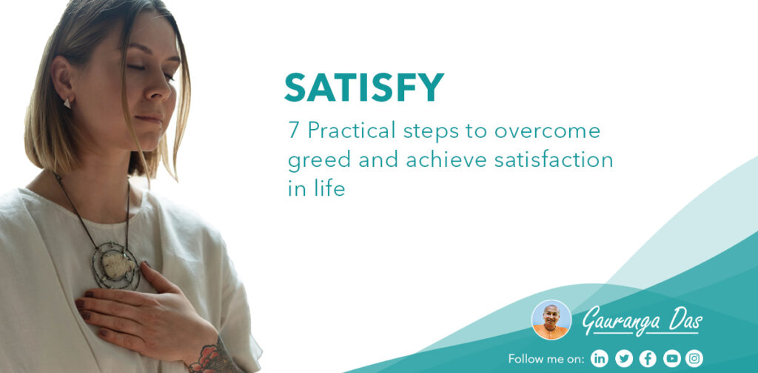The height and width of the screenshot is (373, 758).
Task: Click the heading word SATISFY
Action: click(363, 88)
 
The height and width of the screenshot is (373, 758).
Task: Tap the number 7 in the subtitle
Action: click(293, 131)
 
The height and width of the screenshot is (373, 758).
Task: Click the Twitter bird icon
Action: click(623, 358)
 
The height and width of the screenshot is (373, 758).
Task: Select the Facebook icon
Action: click(647, 358)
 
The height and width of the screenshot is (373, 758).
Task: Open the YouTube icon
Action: click(671, 358)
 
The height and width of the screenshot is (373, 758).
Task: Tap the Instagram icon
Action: click(694, 358)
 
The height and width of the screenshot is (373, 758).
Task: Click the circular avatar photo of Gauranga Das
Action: click(551, 320)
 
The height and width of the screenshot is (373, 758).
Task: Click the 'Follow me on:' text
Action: click(546, 359)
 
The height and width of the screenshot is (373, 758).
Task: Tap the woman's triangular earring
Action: click(67, 104)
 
